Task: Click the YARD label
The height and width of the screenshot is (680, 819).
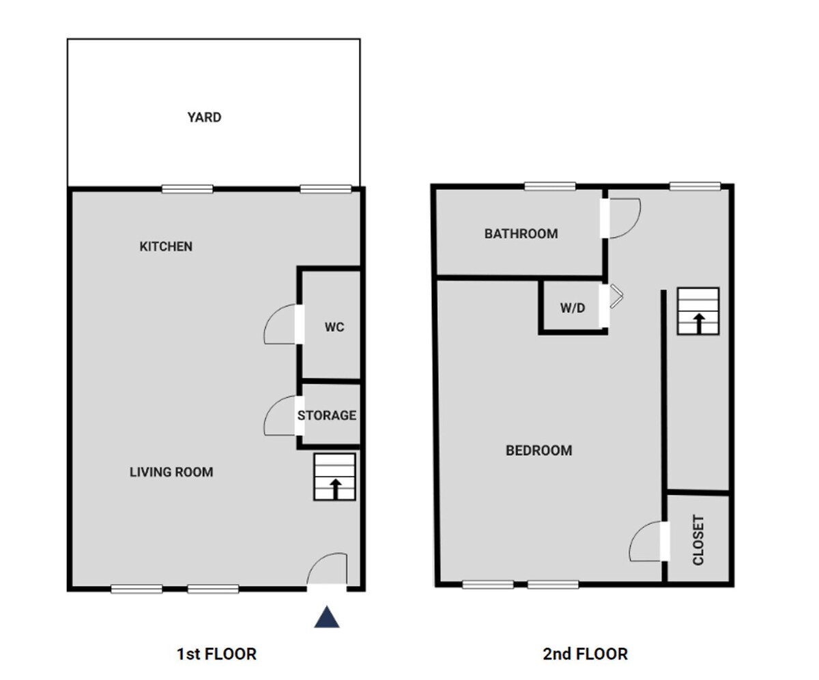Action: [204, 117]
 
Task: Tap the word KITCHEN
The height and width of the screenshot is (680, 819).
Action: [166, 246]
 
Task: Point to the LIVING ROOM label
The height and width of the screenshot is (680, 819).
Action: [171, 472]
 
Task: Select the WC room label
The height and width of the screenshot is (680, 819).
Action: [334, 327]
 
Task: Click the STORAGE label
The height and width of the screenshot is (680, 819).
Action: [327, 415]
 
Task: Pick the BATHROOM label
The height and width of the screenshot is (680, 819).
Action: [521, 233]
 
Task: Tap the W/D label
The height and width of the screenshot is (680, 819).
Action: [573, 308]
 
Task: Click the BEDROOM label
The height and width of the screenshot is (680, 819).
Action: [539, 450]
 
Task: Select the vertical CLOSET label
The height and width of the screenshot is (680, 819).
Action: [698, 540]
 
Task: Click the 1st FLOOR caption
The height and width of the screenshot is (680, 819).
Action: [216, 654]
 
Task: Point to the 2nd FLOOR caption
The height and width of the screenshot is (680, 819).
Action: [585, 654]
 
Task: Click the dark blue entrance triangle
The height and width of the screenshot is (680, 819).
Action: [327, 617]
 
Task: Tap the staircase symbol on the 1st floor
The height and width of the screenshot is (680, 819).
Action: [334, 477]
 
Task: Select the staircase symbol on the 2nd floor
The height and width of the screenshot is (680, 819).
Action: [698, 311]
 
